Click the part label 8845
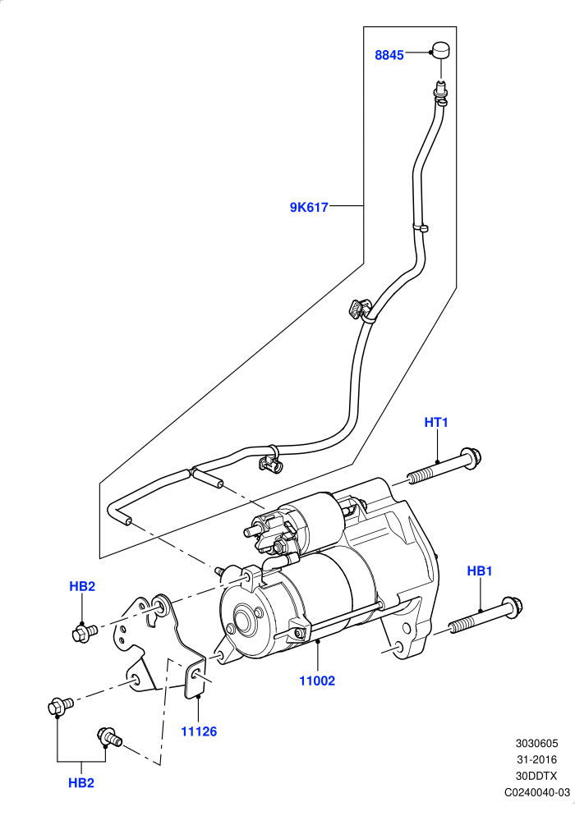[389, 55]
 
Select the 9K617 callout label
[309, 208]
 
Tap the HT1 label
[436, 422]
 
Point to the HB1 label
[480, 571]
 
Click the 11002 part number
[317, 681]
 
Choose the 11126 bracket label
[199, 731]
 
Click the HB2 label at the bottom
[81, 782]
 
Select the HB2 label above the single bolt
[82, 586]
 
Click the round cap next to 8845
[440, 51]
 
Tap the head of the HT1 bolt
[471, 458]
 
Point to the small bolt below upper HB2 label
[84, 633]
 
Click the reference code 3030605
[537, 743]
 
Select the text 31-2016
[537, 760]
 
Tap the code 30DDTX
[536, 776]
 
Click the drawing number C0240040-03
[537, 792]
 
